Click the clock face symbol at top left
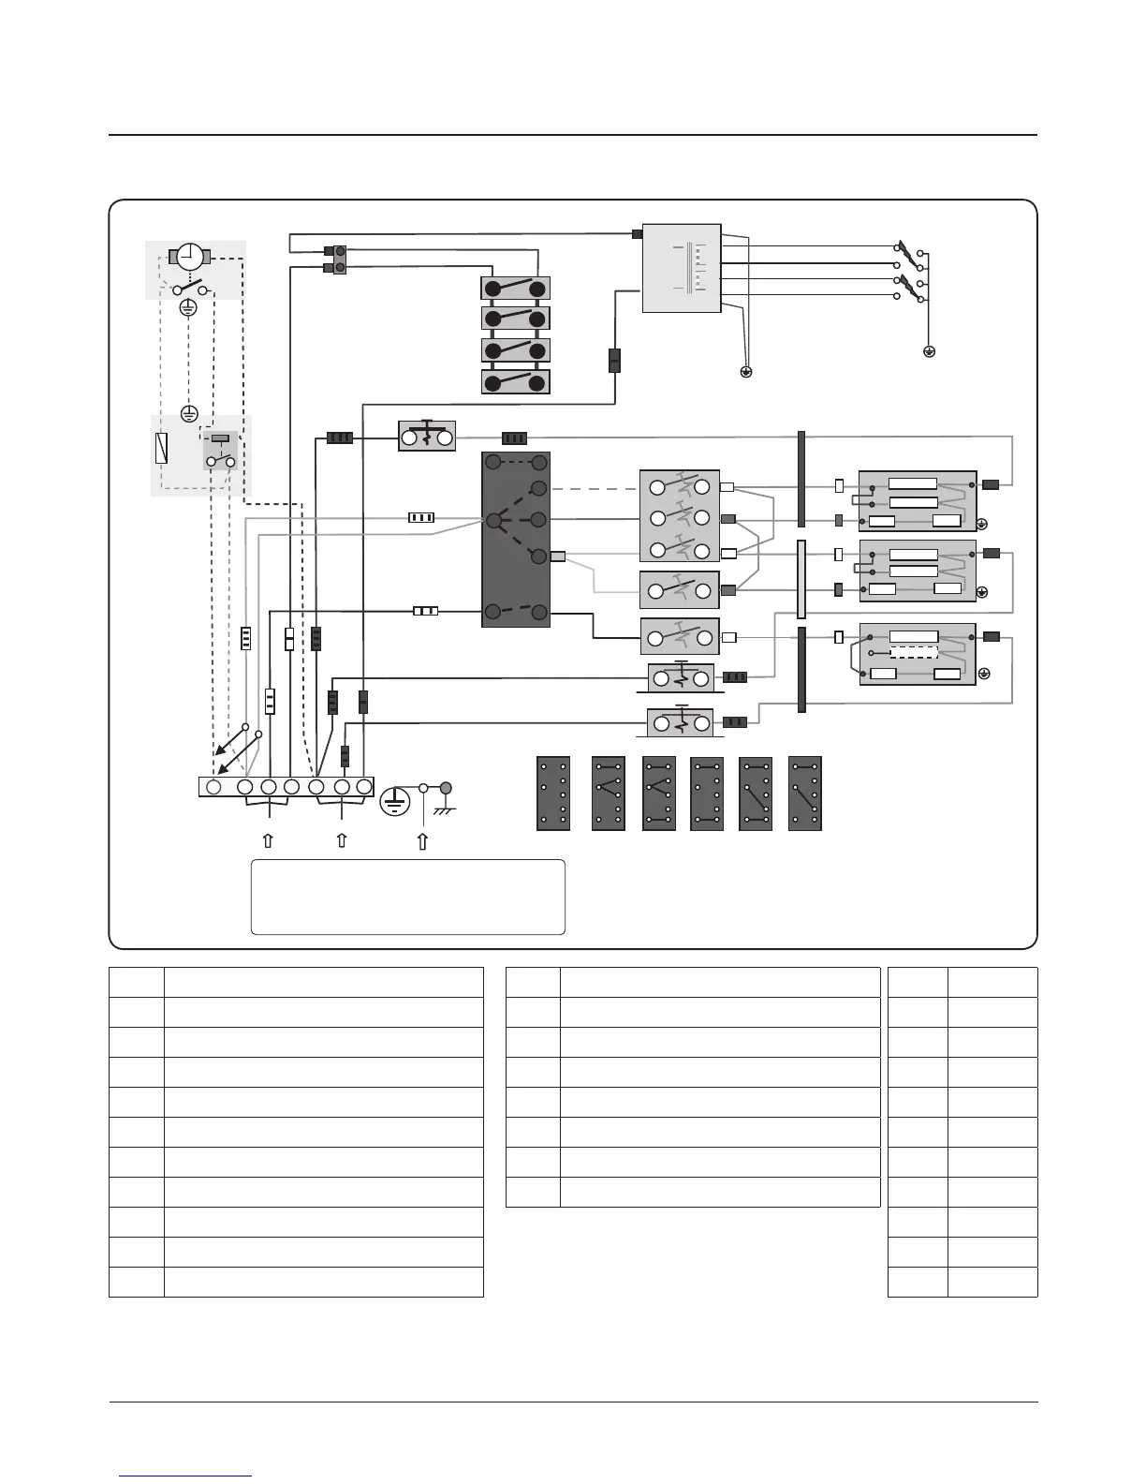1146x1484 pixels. [x=189, y=256]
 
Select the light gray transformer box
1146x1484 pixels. [x=682, y=268]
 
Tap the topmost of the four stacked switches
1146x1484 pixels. [x=515, y=288]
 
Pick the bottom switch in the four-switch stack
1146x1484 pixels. [x=515, y=382]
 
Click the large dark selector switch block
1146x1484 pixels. [x=515, y=540]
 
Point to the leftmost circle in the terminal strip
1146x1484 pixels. [x=213, y=787]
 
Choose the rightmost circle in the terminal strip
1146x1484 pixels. [x=362, y=787]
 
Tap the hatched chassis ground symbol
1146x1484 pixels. [x=444, y=804]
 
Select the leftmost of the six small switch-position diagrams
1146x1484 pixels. [x=553, y=794]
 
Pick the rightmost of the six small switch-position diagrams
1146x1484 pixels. [x=805, y=794]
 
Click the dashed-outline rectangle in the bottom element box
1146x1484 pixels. [x=913, y=653]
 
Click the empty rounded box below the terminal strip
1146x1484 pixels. [x=407, y=897]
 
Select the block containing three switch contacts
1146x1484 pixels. [x=680, y=516]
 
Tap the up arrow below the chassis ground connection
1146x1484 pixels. [x=422, y=841]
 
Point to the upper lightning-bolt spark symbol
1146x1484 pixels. [x=905, y=249]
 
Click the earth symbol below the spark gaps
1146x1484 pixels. [x=929, y=352]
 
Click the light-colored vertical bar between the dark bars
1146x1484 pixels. [x=801, y=579]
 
